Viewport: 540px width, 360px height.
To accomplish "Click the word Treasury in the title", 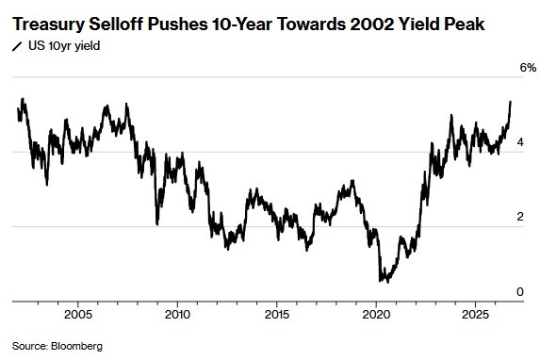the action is (48, 25).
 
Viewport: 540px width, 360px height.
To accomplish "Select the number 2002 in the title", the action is (372, 25).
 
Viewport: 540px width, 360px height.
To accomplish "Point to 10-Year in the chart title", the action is (241, 25).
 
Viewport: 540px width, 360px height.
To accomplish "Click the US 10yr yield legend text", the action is (64, 46).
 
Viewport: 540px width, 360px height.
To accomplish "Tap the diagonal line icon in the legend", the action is (17, 46).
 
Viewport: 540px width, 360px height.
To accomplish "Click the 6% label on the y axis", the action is (528, 68).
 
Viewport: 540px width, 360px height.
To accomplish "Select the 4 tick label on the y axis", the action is (520, 142).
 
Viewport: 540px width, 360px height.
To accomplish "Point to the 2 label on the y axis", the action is (520, 217).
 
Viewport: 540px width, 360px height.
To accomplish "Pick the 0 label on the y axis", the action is (520, 291).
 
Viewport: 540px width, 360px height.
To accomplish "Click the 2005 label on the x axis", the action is (78, 314).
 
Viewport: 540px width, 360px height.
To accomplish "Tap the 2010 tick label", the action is (177, 314).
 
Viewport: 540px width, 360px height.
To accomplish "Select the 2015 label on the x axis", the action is (276, 314).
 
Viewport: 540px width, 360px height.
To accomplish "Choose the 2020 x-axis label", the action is (376, 314).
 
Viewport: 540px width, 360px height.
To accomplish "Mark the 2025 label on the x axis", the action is (475, 314).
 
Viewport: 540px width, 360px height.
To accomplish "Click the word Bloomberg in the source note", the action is (76, 346).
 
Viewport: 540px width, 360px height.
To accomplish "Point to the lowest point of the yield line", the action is (388, 282).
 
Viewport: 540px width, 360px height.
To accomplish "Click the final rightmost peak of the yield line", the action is (511, 102).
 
